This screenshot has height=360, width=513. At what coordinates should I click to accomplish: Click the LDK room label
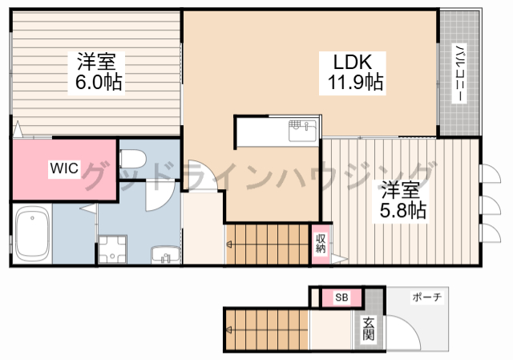pos(353,62)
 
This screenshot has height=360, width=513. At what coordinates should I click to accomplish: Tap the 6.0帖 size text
pos(99,82)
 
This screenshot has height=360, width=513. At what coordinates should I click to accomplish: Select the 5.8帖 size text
pos(402,210)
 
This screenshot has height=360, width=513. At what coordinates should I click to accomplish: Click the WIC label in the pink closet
pos(64,168)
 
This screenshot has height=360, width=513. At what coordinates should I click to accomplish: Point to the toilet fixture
pos(132,159)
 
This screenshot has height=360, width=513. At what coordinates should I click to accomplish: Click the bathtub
pos(32,233)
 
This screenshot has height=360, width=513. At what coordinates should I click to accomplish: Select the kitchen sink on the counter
pos(302,131)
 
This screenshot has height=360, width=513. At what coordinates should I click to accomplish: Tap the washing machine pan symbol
pos(112,249)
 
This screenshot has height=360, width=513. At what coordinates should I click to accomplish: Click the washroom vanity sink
pos(166,255)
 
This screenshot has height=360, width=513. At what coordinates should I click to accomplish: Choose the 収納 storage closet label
pos(321,244)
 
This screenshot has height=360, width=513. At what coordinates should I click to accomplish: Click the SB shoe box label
pos(342,297)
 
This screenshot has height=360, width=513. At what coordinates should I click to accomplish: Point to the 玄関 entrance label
pos(369,329)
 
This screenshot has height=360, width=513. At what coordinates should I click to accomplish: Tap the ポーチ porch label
pos(427,297)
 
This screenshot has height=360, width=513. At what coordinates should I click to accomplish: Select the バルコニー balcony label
pos(459,73)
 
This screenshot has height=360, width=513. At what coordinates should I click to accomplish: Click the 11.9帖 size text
pos(355,82)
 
